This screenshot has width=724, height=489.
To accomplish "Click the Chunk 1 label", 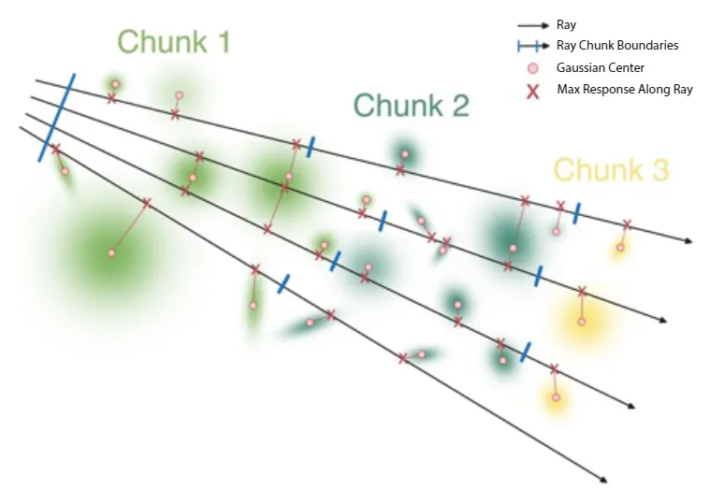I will pos(174,42).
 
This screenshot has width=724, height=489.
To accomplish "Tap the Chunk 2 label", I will pos(411,105).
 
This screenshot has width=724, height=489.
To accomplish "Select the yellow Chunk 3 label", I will pos(611,170).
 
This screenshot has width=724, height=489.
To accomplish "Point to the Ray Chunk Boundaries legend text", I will pos(617,46).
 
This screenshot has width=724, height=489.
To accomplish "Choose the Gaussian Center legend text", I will pos(600,67).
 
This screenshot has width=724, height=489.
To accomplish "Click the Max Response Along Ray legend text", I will pos(624,90).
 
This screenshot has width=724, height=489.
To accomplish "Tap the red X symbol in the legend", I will pos(533,90).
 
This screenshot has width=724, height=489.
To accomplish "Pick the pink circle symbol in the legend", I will pos(533,67).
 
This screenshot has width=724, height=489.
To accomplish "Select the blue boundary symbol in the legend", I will pos(533,46).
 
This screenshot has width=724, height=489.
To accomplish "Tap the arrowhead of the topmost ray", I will pos(688,241).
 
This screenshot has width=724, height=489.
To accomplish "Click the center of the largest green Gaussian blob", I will pos(111,252).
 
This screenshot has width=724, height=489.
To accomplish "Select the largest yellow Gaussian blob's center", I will pos(581,321).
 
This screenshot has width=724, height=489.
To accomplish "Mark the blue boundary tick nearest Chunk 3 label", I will pos(577,213).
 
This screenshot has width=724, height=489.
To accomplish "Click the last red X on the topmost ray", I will pos(627,224).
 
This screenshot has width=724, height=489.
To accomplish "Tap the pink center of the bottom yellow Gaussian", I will pos(556,397).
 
